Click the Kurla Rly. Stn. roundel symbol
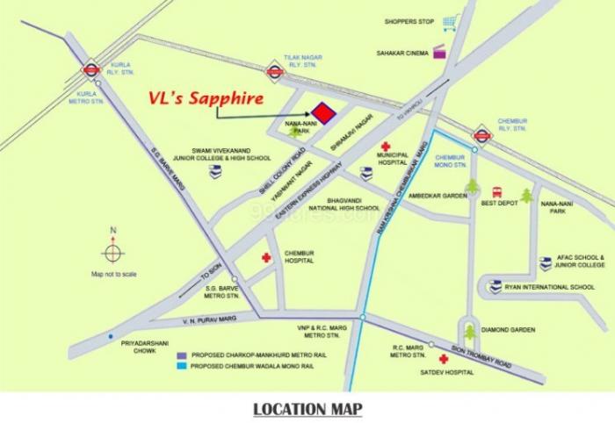(91, 70)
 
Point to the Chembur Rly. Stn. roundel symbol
(481, 135)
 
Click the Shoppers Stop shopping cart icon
(452, 23)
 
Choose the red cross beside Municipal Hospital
(385, 147)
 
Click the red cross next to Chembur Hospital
(265, 257)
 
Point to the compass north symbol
(112, 253)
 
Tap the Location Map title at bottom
(307, 408)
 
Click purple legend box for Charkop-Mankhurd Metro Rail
(181, 356)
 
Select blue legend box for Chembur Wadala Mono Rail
(181, 367)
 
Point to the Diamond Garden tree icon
(471, 332)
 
